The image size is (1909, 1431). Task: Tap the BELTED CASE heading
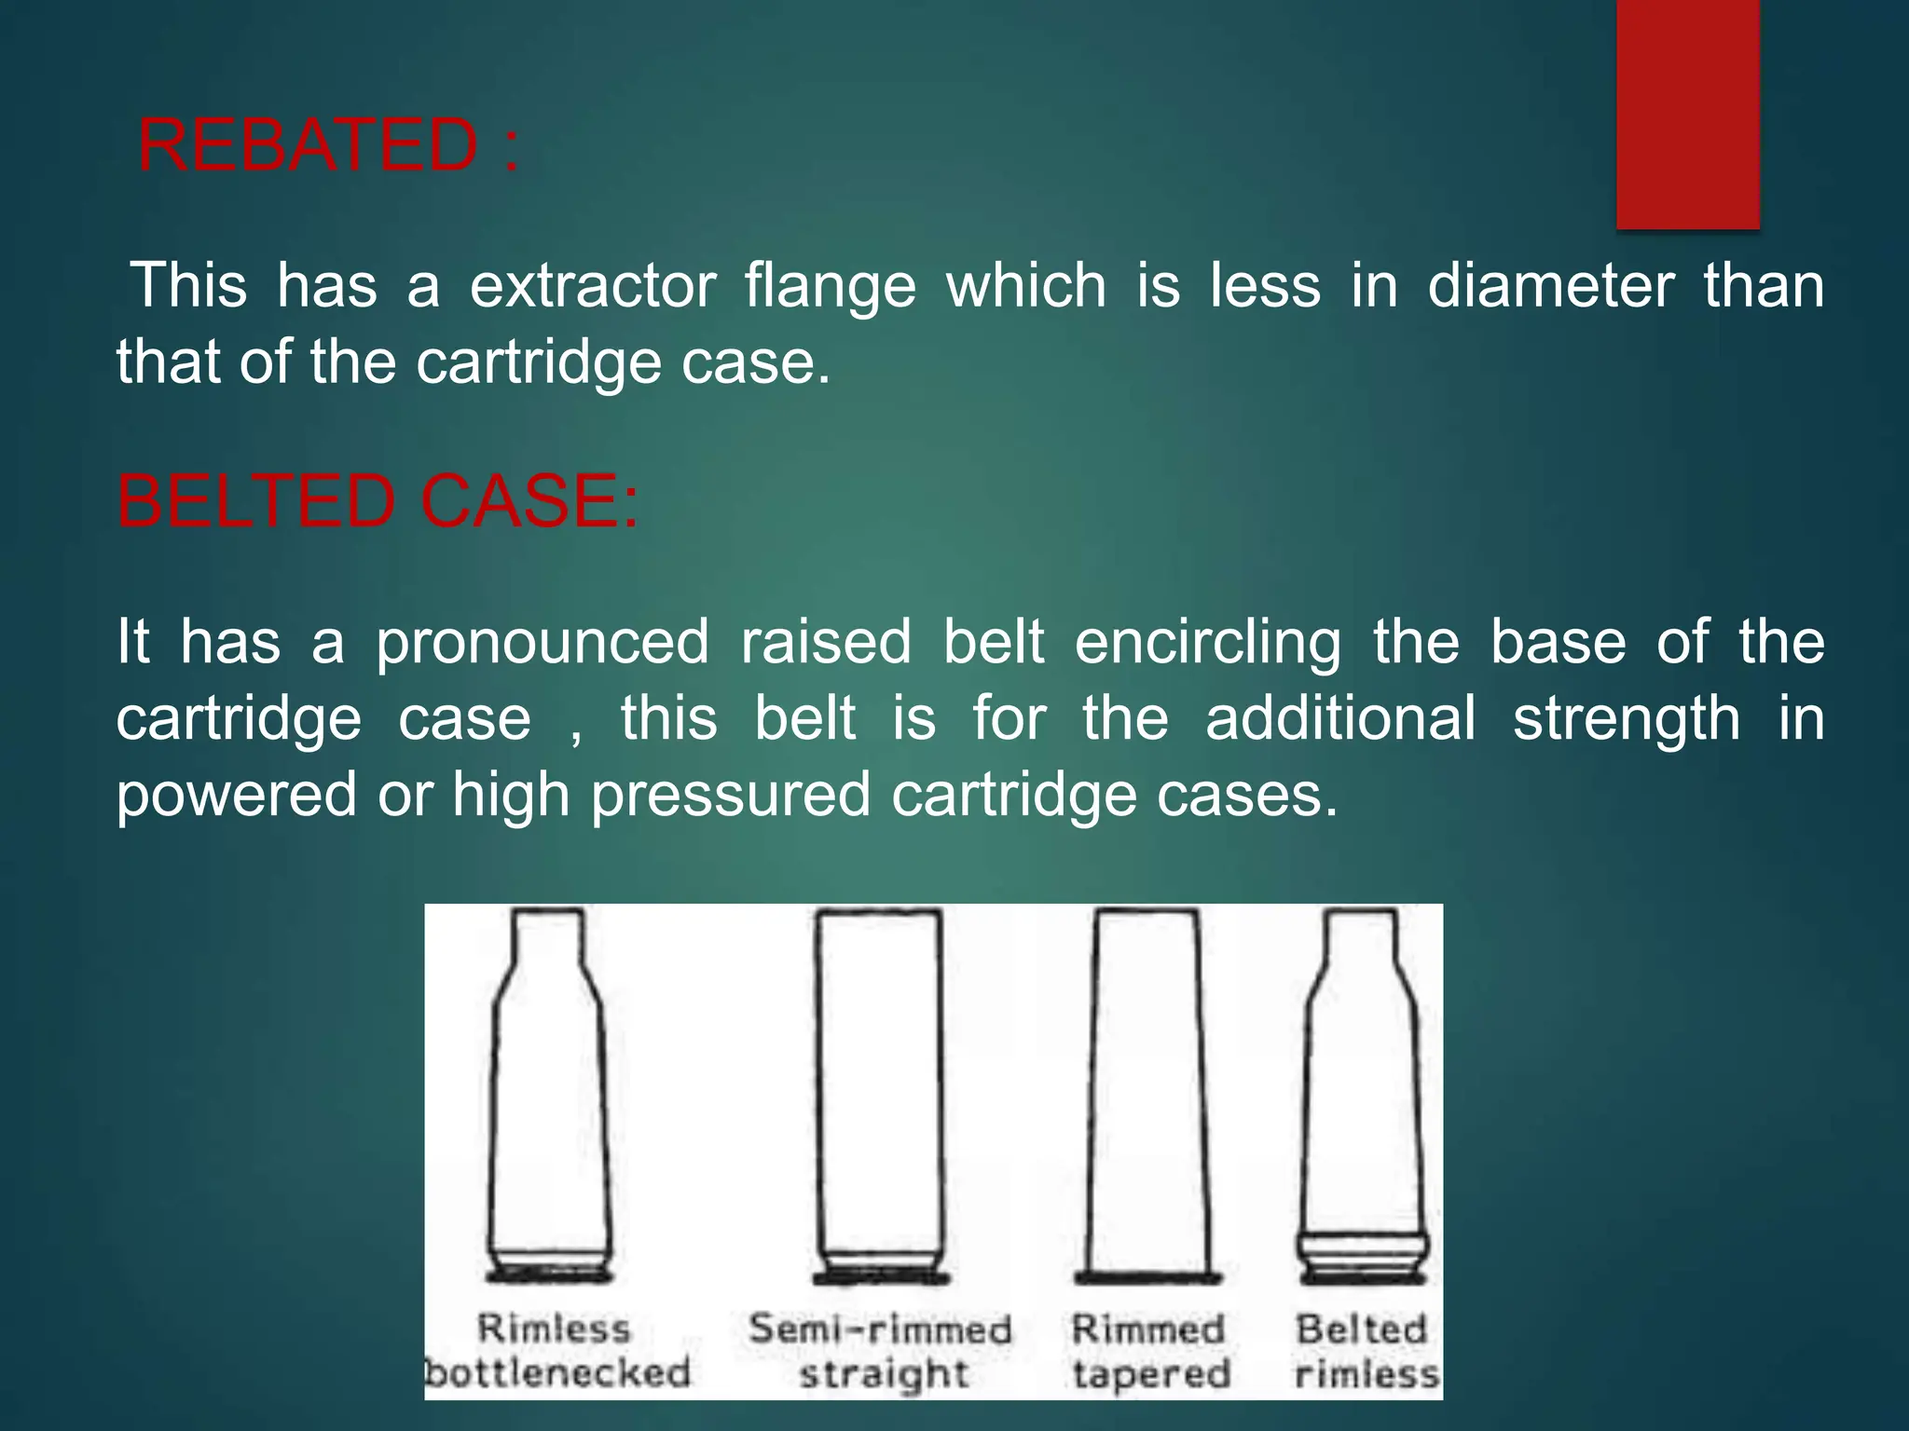tap(378, 502)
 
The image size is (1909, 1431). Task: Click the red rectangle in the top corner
tap(1687, 114)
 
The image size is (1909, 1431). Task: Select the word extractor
tap(593, 285)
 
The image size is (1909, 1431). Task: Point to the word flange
tap(831, 287)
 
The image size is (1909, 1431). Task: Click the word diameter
tap(1550, 285)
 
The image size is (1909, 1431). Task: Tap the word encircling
tap(1208, 643)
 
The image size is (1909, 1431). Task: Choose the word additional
tap(1340, 719)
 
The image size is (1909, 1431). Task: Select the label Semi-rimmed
tap(880, 1329)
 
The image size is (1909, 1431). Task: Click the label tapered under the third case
tap(1151, 1374)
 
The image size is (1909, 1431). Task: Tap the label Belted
tap(1361, 1329)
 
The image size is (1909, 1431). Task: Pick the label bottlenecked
tap(557, 1373)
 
